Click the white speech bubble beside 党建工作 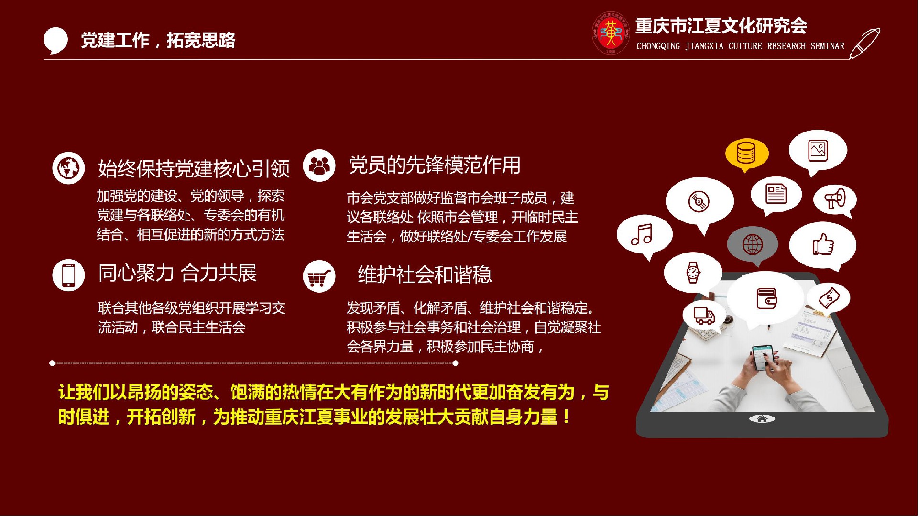(x=55, y=40)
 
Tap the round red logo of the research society (x=611, y=33)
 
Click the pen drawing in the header (x=864, y=44)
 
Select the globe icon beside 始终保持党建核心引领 (x=68, y=168)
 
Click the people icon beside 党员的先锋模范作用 (x=319, y=165)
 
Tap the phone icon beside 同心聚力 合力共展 (x=68, y=275)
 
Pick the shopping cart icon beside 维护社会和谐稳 (x=319, y=276)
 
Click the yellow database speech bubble (x=746, y=154)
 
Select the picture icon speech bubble (x=818, y=152)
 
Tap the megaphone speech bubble (x=835, y=200)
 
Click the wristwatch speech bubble (x=693, y=273)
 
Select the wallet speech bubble (x=766, y=298)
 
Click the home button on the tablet (x=762, y=419)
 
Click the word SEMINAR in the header (x=827, y=46)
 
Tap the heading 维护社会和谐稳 (x=425, y=274)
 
